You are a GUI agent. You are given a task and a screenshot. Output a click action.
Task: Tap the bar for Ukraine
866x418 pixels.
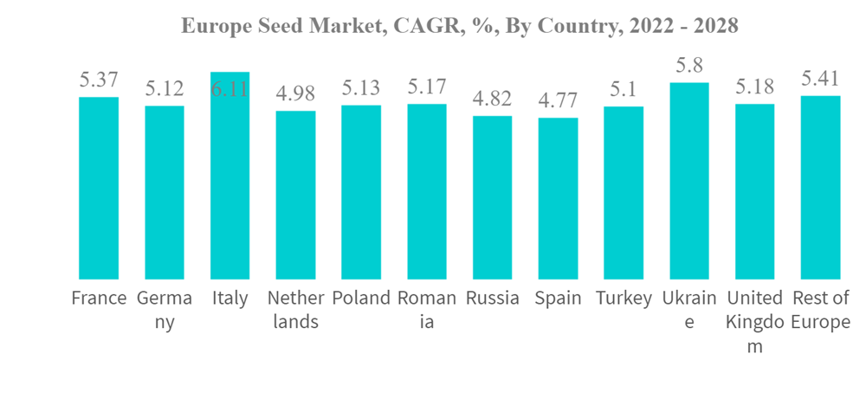click(689, 181)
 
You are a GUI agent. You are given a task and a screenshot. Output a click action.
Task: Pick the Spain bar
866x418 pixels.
click(558, 198)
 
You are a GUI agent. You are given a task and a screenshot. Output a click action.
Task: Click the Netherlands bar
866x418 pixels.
click(295, 195)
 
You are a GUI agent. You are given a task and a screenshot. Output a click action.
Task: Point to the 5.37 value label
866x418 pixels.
click(99, 80)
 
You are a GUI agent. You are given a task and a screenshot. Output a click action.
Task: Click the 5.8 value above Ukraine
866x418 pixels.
click(689, 65)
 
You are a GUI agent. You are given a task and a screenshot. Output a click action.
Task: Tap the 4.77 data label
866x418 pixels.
click(558, 100)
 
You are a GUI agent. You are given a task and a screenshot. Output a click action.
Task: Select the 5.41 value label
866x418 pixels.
click(820, 79)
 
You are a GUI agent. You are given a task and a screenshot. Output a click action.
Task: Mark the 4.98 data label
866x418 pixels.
click(295, 93)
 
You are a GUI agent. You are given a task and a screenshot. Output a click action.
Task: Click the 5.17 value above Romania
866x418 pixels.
click(427, 87)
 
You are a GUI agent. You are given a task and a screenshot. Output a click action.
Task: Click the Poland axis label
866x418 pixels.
click(361, 299)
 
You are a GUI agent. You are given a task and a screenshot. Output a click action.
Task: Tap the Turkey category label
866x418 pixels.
click(624, 299)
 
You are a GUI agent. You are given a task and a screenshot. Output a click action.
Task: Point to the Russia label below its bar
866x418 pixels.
click(492, 299)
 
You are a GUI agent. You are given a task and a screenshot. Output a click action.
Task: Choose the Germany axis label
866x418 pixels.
click(165, 310)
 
